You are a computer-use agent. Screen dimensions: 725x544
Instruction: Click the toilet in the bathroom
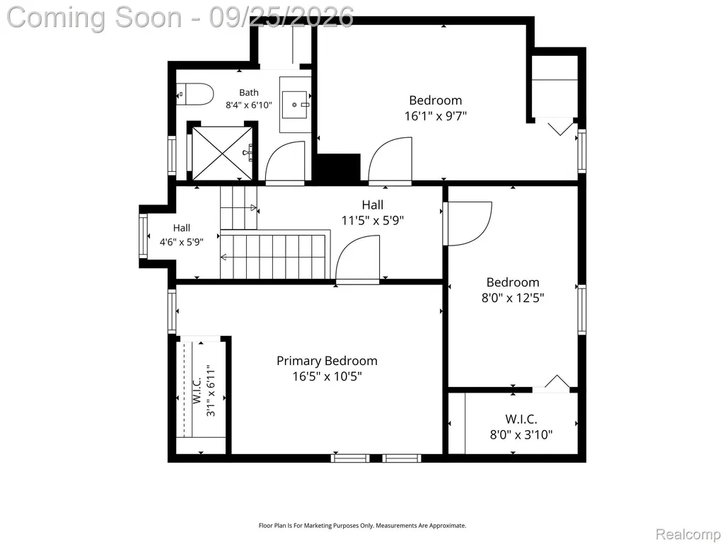click(195, 94)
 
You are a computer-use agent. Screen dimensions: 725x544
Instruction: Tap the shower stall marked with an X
click(222, 153)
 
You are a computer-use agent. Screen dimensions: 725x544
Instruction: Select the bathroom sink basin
click(294, 105)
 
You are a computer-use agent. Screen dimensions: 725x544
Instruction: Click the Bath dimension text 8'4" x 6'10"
click(249, 105)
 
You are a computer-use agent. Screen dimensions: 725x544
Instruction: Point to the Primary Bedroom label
click(327, 361)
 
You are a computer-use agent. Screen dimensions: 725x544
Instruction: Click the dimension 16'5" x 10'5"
click(327, 376)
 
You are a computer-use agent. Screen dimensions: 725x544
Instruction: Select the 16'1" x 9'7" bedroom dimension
click(436, 115)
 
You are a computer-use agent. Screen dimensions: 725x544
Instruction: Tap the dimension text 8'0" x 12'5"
click(513, 297)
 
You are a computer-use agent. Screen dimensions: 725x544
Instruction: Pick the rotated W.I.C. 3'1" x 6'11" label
click(204, 391)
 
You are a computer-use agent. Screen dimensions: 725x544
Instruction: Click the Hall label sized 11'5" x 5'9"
click(373, 212)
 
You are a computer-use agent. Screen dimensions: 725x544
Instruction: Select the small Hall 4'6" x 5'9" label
click(182, 235)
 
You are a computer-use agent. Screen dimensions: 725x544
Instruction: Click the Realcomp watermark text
click(688, 534)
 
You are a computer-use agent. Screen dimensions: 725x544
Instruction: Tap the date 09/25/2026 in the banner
click(281, 18)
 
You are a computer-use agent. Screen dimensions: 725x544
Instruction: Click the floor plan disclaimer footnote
click(362, 526)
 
